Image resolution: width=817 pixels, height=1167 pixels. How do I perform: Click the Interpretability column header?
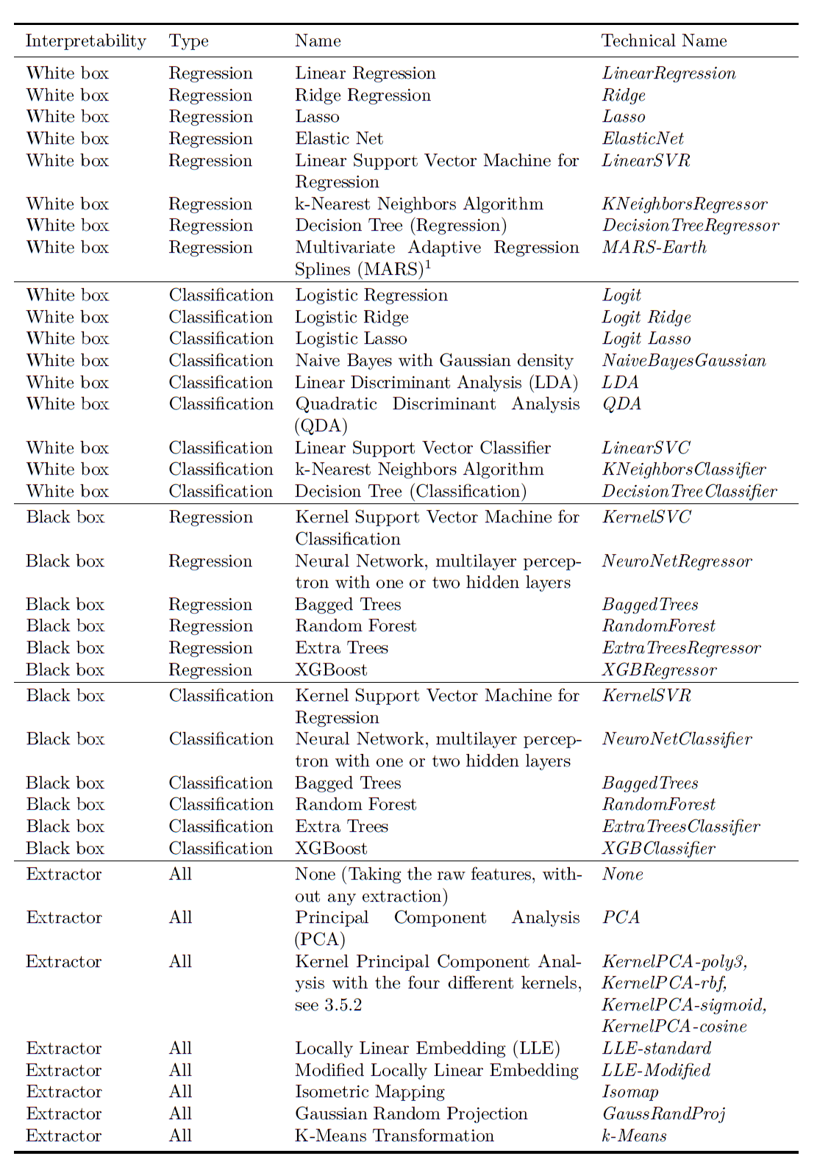tap(85, 41)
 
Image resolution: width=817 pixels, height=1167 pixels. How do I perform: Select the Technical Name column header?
tap(664, 41)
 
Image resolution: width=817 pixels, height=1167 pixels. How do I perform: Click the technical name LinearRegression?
tap(668, 73)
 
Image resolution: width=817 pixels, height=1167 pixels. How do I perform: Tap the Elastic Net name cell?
tap(339, 139)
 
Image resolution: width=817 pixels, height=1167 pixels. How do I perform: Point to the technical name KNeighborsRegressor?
tap(684, 204)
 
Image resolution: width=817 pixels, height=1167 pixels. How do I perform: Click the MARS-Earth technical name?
tap(654, 248)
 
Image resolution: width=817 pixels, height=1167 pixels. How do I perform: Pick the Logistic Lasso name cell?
tap(351, 339)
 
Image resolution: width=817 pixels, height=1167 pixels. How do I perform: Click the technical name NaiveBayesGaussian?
tap(683, 361)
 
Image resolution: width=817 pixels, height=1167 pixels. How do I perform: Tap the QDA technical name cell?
tap(621, 404)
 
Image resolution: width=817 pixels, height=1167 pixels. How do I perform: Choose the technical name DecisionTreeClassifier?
tap(689, 492)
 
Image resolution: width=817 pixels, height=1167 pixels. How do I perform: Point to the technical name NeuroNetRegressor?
tap(677, 561)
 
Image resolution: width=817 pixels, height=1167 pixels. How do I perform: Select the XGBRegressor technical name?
tap(659, 670)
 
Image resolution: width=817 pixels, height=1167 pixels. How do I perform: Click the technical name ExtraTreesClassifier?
tap(681, 827)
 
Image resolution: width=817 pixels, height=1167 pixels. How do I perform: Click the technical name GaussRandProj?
tap(663, 1114)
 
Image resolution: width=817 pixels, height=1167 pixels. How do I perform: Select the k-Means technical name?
tap(634, 1136)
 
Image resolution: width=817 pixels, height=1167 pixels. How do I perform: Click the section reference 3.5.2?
tap(343, 1005)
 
